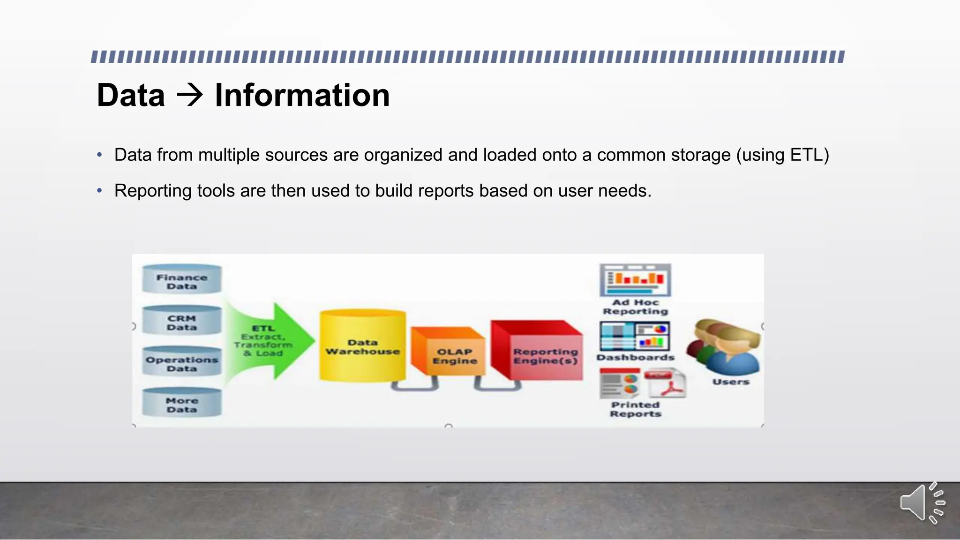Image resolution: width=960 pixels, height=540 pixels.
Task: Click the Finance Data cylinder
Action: (x=182, y=279)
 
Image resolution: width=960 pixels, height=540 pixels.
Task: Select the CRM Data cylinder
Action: (x=182, y=321)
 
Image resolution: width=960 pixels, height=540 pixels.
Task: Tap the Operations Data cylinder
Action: (x=182, y=362)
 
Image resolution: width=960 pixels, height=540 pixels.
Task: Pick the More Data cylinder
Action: (x=182, y=403)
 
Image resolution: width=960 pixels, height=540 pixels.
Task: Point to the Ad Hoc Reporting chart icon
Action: (x=636, y=280)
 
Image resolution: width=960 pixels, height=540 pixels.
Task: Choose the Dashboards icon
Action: (x=635, y=336)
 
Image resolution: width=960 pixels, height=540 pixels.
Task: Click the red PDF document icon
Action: (x=666, y=383)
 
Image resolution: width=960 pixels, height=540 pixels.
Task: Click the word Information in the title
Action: (x=302, y=95)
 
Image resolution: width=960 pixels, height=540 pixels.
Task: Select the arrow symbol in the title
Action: (x=190, y=95)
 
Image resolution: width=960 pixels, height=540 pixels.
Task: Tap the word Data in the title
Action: (x=131, y=95)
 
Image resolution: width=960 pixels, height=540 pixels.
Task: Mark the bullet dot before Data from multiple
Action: (x=99, y=155)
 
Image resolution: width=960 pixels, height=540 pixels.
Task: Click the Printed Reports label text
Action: (x=636, y=409)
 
